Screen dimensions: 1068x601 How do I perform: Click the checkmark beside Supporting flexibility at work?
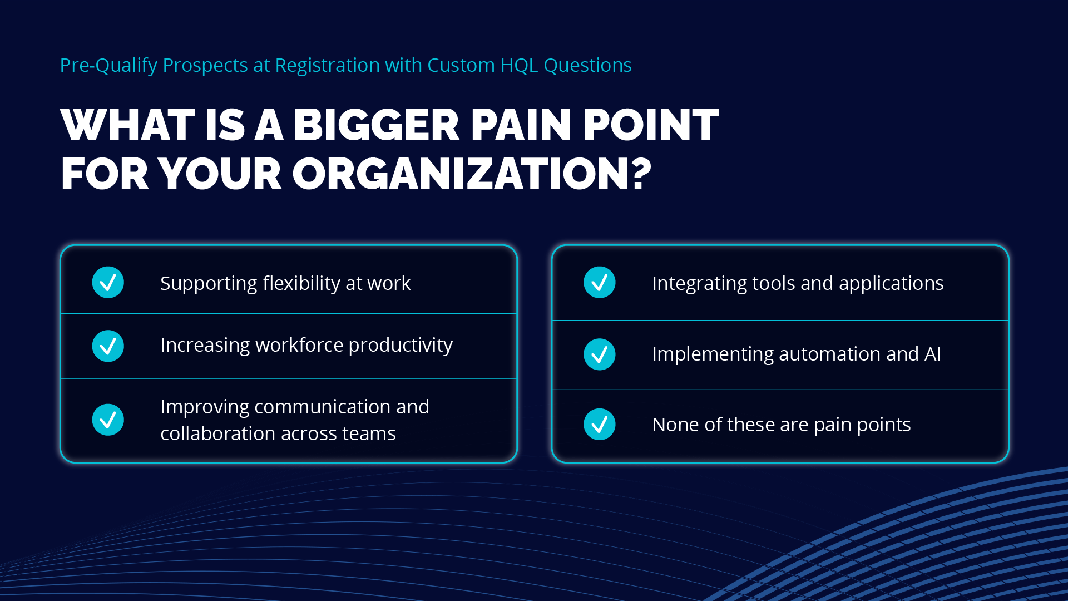(108, 283)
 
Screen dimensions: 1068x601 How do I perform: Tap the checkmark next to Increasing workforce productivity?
(108, 346)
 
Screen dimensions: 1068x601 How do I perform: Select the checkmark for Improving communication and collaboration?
(108, 420)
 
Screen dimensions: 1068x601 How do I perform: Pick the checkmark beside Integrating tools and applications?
(600, 283)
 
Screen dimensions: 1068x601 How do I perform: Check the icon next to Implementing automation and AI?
(600, 354)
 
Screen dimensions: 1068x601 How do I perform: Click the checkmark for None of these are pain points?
(600, 425)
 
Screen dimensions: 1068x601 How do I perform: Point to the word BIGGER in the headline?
(377, 125)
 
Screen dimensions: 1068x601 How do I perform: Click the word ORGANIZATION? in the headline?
(472, 174)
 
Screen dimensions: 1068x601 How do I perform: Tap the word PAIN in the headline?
(522, 125)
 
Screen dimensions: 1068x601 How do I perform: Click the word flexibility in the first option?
(301, 283)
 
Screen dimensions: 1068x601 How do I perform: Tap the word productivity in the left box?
(400, 346)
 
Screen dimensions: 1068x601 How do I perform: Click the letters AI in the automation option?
(932, 354)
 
